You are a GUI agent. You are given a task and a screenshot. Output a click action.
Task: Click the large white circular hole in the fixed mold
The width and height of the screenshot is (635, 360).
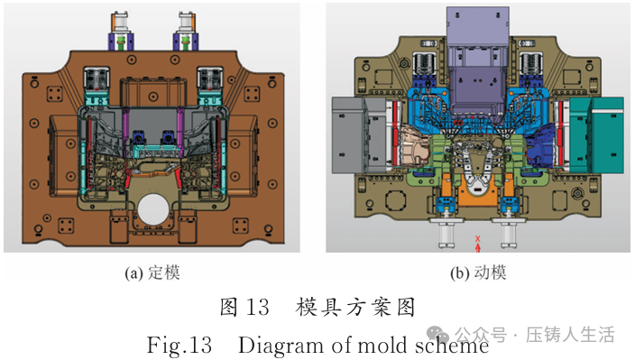tap(153, 209)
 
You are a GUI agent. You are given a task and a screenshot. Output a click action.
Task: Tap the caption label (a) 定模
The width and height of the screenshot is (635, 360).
tap(152, 273)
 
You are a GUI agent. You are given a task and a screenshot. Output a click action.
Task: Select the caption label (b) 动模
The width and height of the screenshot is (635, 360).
tap(478, 273)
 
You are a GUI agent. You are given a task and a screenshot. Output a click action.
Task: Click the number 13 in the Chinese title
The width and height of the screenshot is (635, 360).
tap(257, 307)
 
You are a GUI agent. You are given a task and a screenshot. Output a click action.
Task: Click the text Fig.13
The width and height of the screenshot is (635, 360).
tap(179, 345)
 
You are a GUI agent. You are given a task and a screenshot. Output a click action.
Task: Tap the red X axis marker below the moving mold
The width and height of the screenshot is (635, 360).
tap(478, 244)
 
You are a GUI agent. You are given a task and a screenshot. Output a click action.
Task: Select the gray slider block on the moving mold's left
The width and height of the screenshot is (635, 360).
tap(358, 135)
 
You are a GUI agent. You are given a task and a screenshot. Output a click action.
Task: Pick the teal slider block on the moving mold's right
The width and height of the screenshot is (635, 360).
tap(597, 135)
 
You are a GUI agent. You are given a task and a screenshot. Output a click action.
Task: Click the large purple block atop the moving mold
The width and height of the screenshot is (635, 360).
tap(478, 60)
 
